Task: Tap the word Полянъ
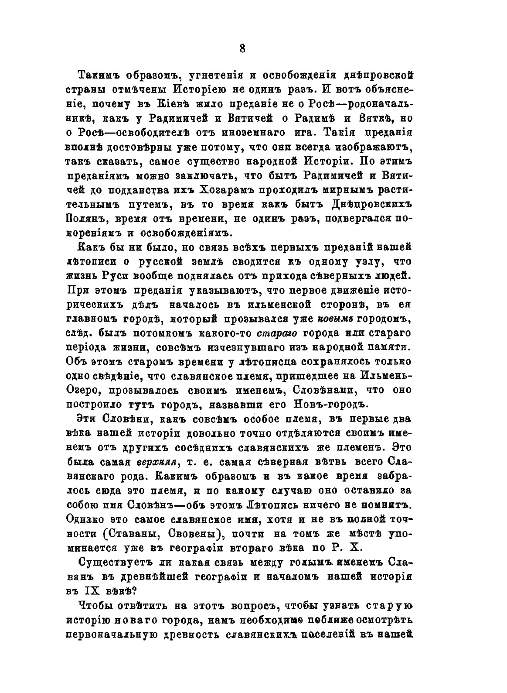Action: tap(85, 219)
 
